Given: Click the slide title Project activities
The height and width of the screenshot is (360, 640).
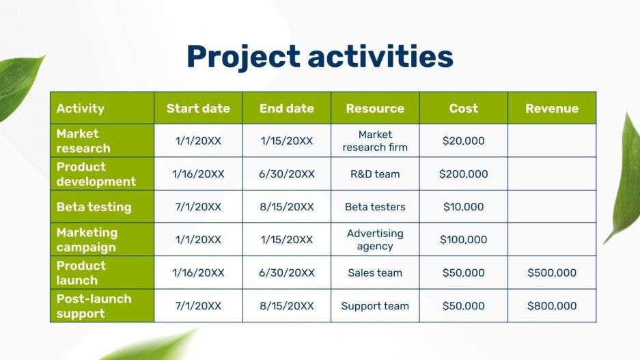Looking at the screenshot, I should (x=320, y=57).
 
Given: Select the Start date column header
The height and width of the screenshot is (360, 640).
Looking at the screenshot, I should (x=198, y=108).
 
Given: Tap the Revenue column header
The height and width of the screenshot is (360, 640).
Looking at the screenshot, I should (x=551, y=108).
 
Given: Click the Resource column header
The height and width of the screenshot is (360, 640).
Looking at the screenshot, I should (x=375, y=108).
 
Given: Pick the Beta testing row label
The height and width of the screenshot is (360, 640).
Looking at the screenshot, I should (x=94, y=207).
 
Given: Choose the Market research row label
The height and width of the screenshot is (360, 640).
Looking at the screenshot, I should (x=83, y=141).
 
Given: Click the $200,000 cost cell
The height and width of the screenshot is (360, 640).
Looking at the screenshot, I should (x=463, y=174).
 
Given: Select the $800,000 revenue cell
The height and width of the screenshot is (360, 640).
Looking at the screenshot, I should (x=551, y=306).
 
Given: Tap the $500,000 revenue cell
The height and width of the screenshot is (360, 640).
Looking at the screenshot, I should (x=551, y=273).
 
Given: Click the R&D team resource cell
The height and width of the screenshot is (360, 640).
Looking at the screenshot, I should (x=375, y=174).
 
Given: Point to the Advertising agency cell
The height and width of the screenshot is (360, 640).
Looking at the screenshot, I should (x=375, y=240).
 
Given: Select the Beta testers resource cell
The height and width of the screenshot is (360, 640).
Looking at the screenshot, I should (x=375, y=207).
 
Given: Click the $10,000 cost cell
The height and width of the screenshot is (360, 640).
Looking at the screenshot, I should (x=463, y=207).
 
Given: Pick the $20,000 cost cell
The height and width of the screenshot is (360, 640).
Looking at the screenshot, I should (x=463, y=141).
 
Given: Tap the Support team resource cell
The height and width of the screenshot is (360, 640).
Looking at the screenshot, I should (x=375, y=306).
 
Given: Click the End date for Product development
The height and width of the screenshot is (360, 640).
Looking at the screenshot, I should (x=287, y=174).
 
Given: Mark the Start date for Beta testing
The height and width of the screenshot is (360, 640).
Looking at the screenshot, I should (x=198, y=207).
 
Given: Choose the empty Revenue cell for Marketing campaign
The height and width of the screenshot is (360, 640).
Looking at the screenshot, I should (x=551, y=240).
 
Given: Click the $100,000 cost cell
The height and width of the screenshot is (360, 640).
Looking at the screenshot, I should (x=463, y=240).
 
